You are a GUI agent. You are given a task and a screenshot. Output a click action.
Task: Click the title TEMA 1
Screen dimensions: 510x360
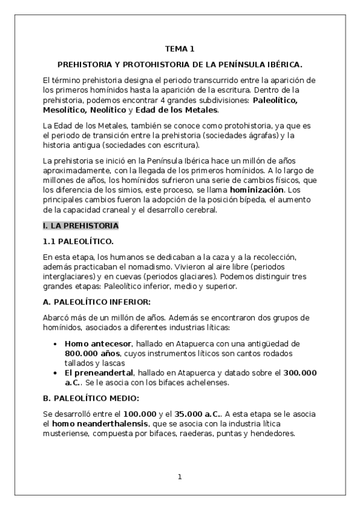pos(180,49)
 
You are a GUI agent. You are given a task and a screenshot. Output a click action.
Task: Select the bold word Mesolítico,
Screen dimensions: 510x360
pos(65,111)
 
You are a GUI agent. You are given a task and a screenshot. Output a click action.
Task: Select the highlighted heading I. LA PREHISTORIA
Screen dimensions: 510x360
pos(81,226)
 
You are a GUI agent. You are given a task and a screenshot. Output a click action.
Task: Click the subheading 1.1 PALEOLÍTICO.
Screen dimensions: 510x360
pos(78,242)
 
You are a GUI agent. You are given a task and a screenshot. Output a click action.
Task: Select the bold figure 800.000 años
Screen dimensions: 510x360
pos(90,353)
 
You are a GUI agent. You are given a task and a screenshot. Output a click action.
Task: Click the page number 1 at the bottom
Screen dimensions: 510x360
pos(179,477)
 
